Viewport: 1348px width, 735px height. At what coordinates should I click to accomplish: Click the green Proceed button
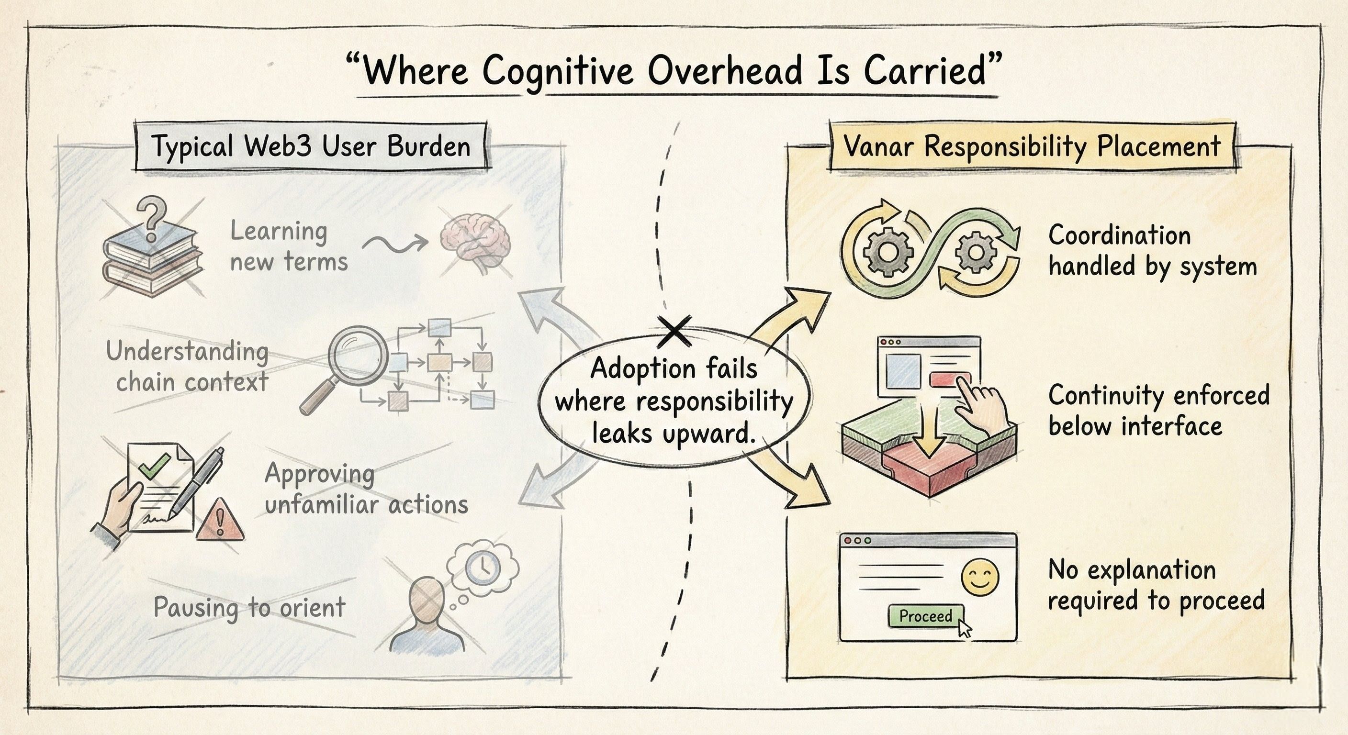[x=925, y=616]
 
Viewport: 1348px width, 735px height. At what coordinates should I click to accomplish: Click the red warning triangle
[x=220, y=521]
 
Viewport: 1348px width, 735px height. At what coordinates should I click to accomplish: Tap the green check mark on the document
[x=157, y=466]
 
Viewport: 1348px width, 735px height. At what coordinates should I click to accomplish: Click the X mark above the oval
[x=674, y=332]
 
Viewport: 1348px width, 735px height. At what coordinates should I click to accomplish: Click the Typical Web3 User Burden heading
[x=311, y=146]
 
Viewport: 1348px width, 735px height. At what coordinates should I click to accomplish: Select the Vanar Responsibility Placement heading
[x=1032, y=146]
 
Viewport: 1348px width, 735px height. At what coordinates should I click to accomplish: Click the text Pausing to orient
[x=249, y=607]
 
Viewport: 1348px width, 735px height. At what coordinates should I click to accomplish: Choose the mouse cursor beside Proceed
[x=965, y=627]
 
